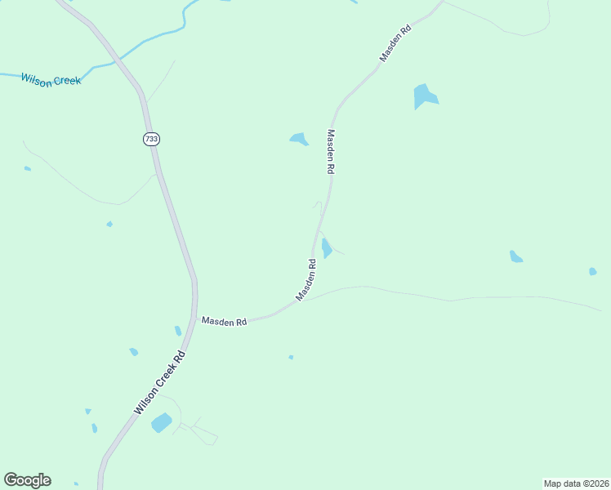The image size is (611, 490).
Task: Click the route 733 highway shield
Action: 151,139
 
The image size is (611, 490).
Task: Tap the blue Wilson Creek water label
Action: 51,80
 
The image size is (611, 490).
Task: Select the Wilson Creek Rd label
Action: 159,382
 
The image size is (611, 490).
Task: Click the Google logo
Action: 27,480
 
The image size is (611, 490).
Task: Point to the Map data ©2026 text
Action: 576,483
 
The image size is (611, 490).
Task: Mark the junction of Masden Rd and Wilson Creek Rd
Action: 196,321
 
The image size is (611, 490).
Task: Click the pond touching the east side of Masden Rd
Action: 326,247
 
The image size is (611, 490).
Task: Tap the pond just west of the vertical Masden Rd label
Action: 299,139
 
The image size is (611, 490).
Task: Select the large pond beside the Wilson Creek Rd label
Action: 162,422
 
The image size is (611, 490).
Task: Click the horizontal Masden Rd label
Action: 225,322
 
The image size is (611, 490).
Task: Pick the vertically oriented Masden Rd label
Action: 331,151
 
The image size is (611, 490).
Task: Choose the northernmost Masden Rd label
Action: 396,42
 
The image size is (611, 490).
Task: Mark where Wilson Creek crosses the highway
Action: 118,60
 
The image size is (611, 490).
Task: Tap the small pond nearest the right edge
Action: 592,271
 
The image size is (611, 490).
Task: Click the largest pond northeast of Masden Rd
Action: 424,96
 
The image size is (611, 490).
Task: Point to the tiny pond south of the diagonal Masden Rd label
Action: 291,357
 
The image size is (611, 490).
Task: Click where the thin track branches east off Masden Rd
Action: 304,300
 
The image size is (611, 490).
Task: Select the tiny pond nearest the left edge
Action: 28,168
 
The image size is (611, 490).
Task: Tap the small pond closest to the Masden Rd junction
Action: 178,331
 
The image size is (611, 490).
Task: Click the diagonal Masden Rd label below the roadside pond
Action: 306,280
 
